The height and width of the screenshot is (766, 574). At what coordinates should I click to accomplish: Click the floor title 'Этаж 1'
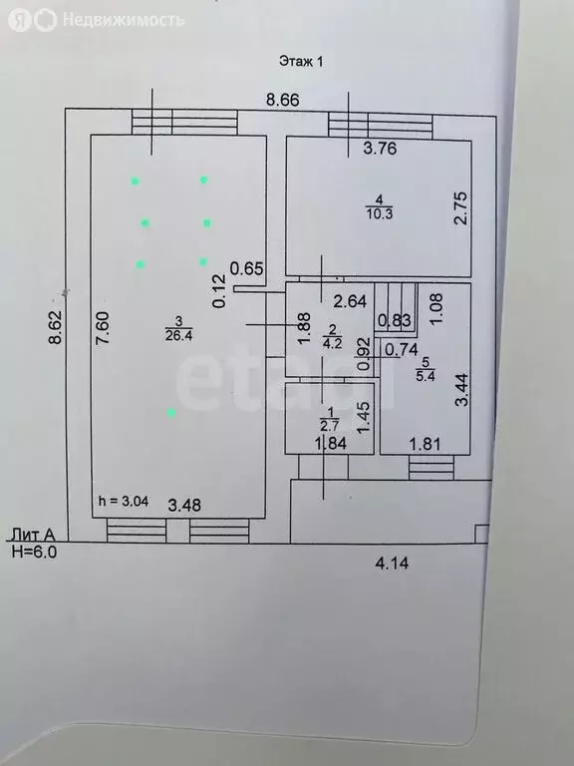click(x=301, y=62)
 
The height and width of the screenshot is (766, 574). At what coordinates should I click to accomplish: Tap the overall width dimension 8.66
click(x=282, y=100)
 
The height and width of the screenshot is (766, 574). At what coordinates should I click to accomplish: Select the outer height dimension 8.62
click(x=57, y=327)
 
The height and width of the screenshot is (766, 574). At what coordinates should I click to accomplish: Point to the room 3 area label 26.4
click(x=178, y=336)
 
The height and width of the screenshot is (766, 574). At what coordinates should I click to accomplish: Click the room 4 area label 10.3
click(x=380, y=214)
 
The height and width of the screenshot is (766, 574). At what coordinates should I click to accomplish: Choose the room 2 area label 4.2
click(x=333, y=343)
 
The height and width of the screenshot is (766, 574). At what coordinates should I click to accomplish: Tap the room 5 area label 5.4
click(x=426, y=376)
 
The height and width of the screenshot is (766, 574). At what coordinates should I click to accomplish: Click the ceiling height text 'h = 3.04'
click(x=124, y=502)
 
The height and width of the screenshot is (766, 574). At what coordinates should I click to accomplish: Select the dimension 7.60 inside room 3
click(x=104, y=329)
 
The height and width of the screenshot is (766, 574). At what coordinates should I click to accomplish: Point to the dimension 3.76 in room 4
click(x=380, y=148)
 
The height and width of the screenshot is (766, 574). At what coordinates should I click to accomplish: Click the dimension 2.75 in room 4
click(x=460, y=208)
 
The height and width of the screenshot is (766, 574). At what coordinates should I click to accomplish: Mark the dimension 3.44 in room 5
click(x=461, y=389)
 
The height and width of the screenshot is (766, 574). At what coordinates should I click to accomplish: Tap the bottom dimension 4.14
click(x=392, y=564)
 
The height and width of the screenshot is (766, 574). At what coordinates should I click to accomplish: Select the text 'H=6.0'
click(x=34, y=552)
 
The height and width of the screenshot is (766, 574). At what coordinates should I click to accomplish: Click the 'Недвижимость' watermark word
click(x=124, y=20)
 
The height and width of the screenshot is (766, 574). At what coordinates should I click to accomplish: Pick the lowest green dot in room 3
click(x=171, y=413)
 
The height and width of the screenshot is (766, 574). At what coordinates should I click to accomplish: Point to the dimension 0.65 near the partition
click(x=247, y=268)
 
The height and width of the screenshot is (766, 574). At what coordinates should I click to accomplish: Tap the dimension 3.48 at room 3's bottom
click(x=184, y=505)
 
